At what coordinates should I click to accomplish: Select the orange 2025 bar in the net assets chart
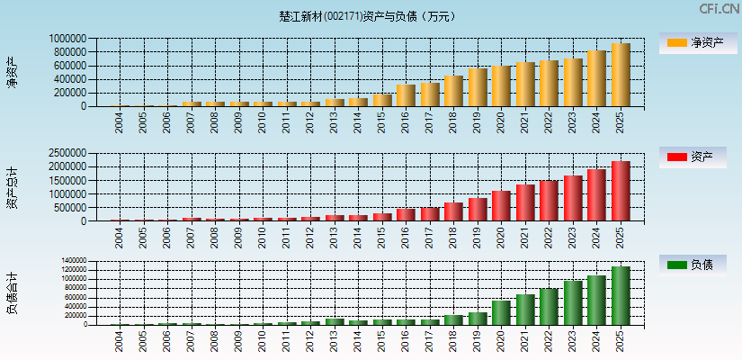click(x=620, y=75)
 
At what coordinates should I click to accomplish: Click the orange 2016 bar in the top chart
click(x=406, y=95)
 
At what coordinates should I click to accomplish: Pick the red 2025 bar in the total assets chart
click(x=620, y=191)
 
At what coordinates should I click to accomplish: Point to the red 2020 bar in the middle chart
click(x=501, y=206)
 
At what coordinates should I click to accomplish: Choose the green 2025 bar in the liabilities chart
click(x=620, y=295)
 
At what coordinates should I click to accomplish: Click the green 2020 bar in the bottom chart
click(x=501, y=312)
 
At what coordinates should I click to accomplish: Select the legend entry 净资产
click(x=698, y=42)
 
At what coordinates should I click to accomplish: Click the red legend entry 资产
click(x=698, y=157)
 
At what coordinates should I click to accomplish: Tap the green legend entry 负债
click(x=698, y=265)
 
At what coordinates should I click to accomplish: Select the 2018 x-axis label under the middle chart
click(x=453, y=238)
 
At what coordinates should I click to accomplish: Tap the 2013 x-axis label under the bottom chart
click(x=335, y=341)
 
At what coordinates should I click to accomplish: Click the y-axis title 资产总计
click(x=13, y=187)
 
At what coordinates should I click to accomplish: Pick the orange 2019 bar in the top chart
click(x=478, y=87)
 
